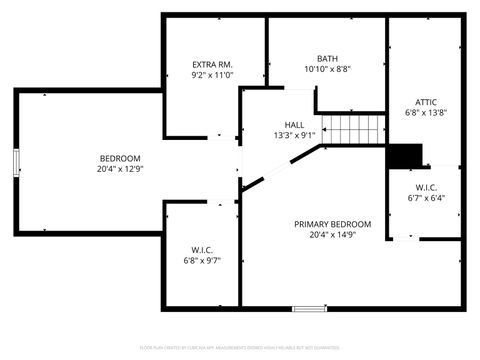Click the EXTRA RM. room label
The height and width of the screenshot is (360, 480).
pos(212,64)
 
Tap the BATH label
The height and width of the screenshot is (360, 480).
pos(327,58)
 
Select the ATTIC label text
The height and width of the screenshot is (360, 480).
pos(425,101)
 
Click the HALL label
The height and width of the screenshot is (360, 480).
pos(294,125)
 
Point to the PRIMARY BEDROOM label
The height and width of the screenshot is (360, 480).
pos(332,224)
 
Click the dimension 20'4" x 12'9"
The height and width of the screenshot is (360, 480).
pos(119,169)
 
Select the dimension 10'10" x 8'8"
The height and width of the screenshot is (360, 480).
pos(327,69)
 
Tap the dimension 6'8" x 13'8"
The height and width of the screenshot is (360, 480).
pos(425,112)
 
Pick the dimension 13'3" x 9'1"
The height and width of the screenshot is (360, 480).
pos(294,135)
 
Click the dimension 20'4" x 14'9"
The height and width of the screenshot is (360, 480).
pos(332,235)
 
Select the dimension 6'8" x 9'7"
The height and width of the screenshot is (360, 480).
pos(202,260)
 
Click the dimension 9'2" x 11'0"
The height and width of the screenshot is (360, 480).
pos(212,75)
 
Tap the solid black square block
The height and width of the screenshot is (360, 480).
pos(405,156)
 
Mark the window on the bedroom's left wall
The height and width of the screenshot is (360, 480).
pos(15,163)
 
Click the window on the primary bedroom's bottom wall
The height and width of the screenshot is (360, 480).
pos(309,307)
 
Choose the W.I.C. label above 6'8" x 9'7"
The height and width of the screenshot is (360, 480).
pos(202,249)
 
